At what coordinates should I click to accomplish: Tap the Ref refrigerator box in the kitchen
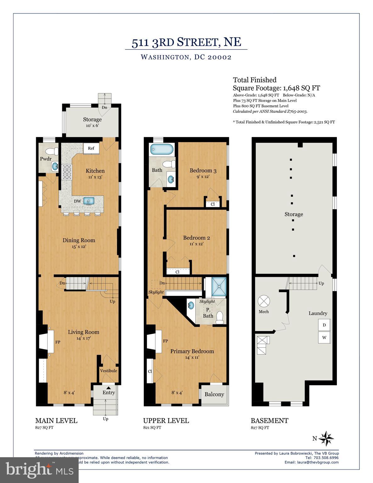[x=91, y=148]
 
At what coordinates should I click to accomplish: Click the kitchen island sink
[x=89, y=201]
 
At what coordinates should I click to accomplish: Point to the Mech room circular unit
[x=264, y=301]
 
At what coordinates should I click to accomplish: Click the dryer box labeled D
[x=324, y=325]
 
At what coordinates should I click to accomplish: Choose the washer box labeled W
[x=324, y=338]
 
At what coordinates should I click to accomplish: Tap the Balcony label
[x=214, y=394]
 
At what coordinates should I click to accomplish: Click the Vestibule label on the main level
[x=109, y=371]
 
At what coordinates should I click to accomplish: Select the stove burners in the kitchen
[x=67, y=172]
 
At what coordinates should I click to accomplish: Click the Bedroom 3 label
[x=203, y=171]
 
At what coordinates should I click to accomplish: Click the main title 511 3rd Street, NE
[x=186, y=42]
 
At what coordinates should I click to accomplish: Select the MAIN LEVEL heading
[x=56, y=421]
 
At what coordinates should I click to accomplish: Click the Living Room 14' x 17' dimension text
[x=83, y=338]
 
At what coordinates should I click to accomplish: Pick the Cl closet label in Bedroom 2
[x=177, y=272]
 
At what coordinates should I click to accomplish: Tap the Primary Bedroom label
[x=192, y=351]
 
